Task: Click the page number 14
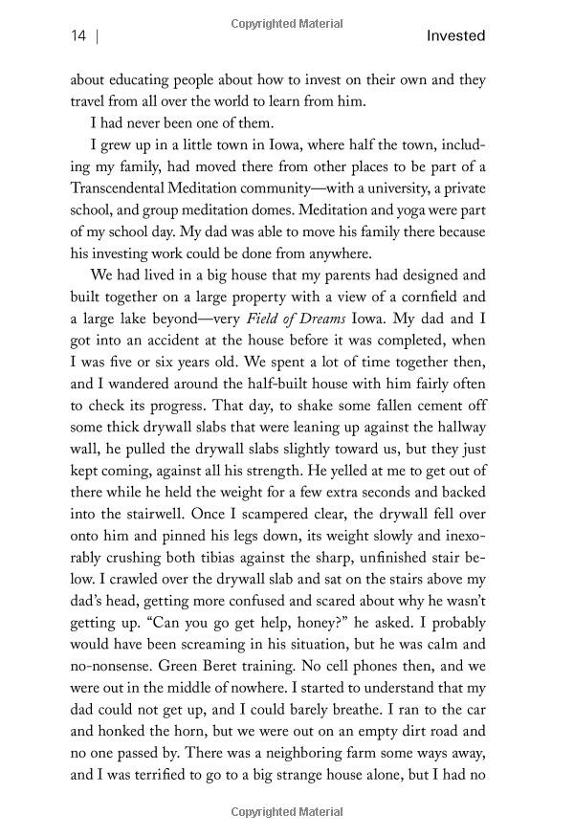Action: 78,36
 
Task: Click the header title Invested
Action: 457,36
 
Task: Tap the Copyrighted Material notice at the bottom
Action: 287,812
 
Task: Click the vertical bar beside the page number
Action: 99,36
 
